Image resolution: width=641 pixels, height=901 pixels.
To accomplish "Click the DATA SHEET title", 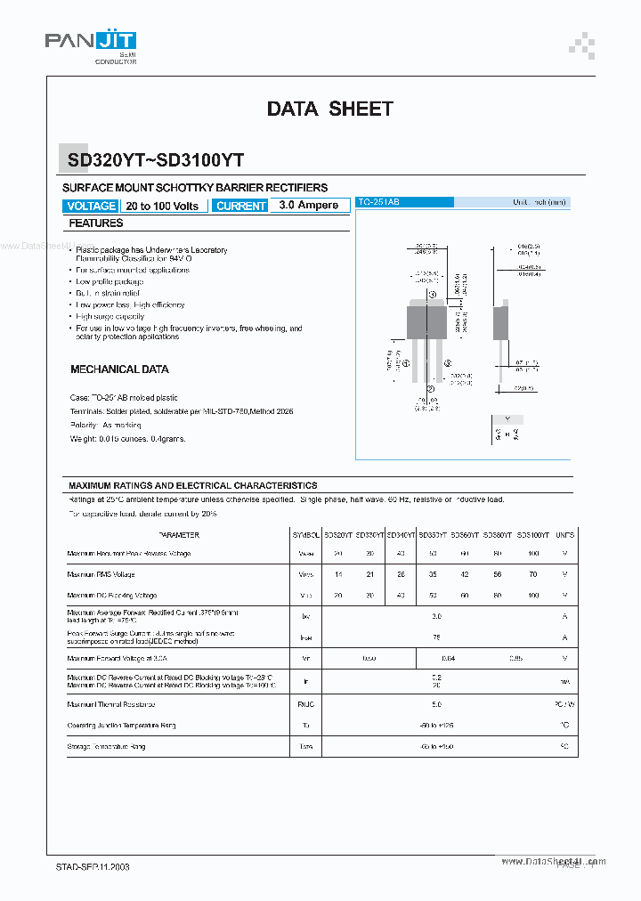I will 329,109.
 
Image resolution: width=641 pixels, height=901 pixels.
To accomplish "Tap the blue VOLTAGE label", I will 91,206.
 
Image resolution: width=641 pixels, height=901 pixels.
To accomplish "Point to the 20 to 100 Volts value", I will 162,206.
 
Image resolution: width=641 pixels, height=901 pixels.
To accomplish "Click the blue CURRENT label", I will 240,206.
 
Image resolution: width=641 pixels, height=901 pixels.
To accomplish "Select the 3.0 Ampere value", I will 308,205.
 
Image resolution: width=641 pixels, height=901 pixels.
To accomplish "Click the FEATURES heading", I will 96,223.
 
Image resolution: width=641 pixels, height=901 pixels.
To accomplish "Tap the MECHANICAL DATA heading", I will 119,369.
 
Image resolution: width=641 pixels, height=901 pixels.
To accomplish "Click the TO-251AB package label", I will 379,203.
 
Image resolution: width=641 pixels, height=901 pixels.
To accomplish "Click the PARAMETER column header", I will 179,535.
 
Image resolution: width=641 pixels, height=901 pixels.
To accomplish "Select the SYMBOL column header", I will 305,535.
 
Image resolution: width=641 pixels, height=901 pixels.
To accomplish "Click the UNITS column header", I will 564,535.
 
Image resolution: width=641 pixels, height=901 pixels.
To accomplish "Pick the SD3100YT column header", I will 532,535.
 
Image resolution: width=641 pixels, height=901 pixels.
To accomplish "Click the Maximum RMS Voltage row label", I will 101,574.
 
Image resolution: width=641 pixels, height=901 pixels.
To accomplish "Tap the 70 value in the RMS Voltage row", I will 532,574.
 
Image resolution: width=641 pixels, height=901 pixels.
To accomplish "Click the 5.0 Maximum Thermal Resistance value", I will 436,704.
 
